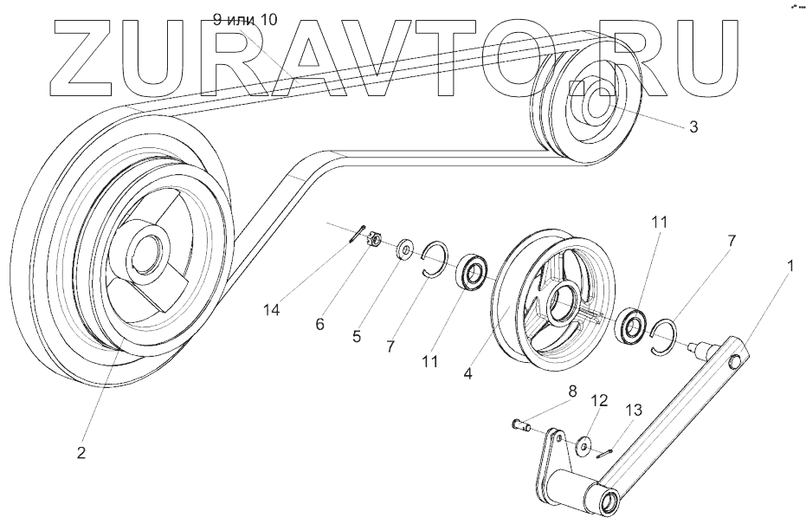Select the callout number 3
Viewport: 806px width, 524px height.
[693, 127]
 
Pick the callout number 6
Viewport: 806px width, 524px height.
[319, 324]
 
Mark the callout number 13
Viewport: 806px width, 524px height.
[635, 410]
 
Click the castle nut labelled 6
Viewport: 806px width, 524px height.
[375, 240]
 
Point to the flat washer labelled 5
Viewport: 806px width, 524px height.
[404, 252]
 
